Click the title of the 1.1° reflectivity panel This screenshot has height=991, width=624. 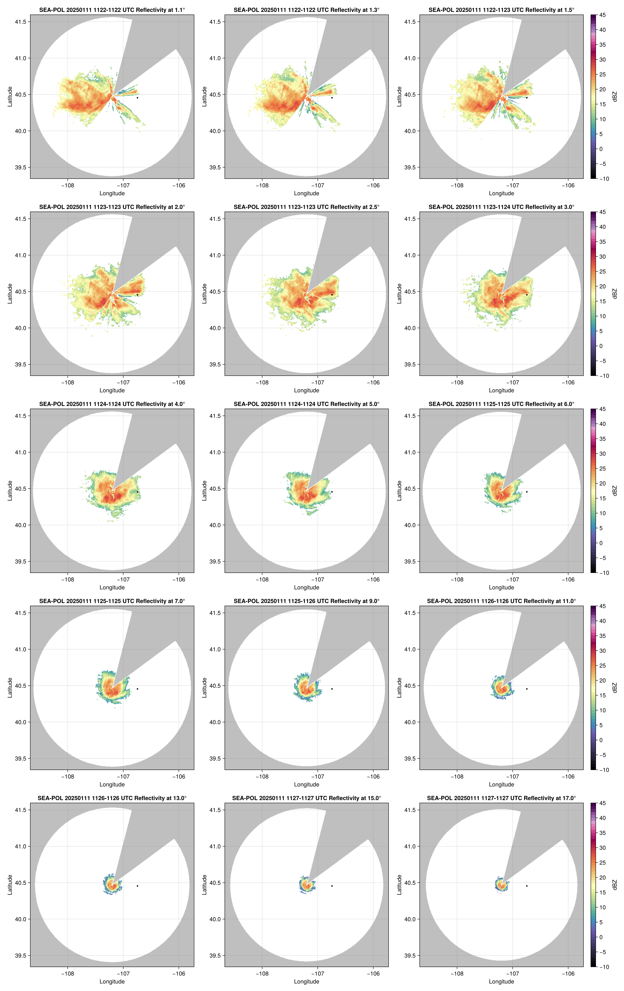(x=112, y=10)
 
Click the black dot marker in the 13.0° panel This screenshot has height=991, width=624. (x=137, y=886)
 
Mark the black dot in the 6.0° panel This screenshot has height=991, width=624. (x=527, y=492)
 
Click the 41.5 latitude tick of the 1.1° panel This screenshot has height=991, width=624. (x=20, y=22)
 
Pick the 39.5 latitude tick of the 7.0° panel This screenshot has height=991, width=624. (x=20, y=759)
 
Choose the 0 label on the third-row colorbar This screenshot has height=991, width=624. (x=601, y=543)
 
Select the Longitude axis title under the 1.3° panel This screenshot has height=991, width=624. (x=306, y=193)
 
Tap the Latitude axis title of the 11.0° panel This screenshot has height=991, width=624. (x=399, y=687)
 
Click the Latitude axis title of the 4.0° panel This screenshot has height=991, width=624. (x=10, y=491)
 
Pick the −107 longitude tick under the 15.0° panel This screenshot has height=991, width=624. (x=318, y=974)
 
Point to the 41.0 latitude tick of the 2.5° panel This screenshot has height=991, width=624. (x=215, y=255)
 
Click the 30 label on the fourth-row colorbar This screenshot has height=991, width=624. (x=602, y=651)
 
